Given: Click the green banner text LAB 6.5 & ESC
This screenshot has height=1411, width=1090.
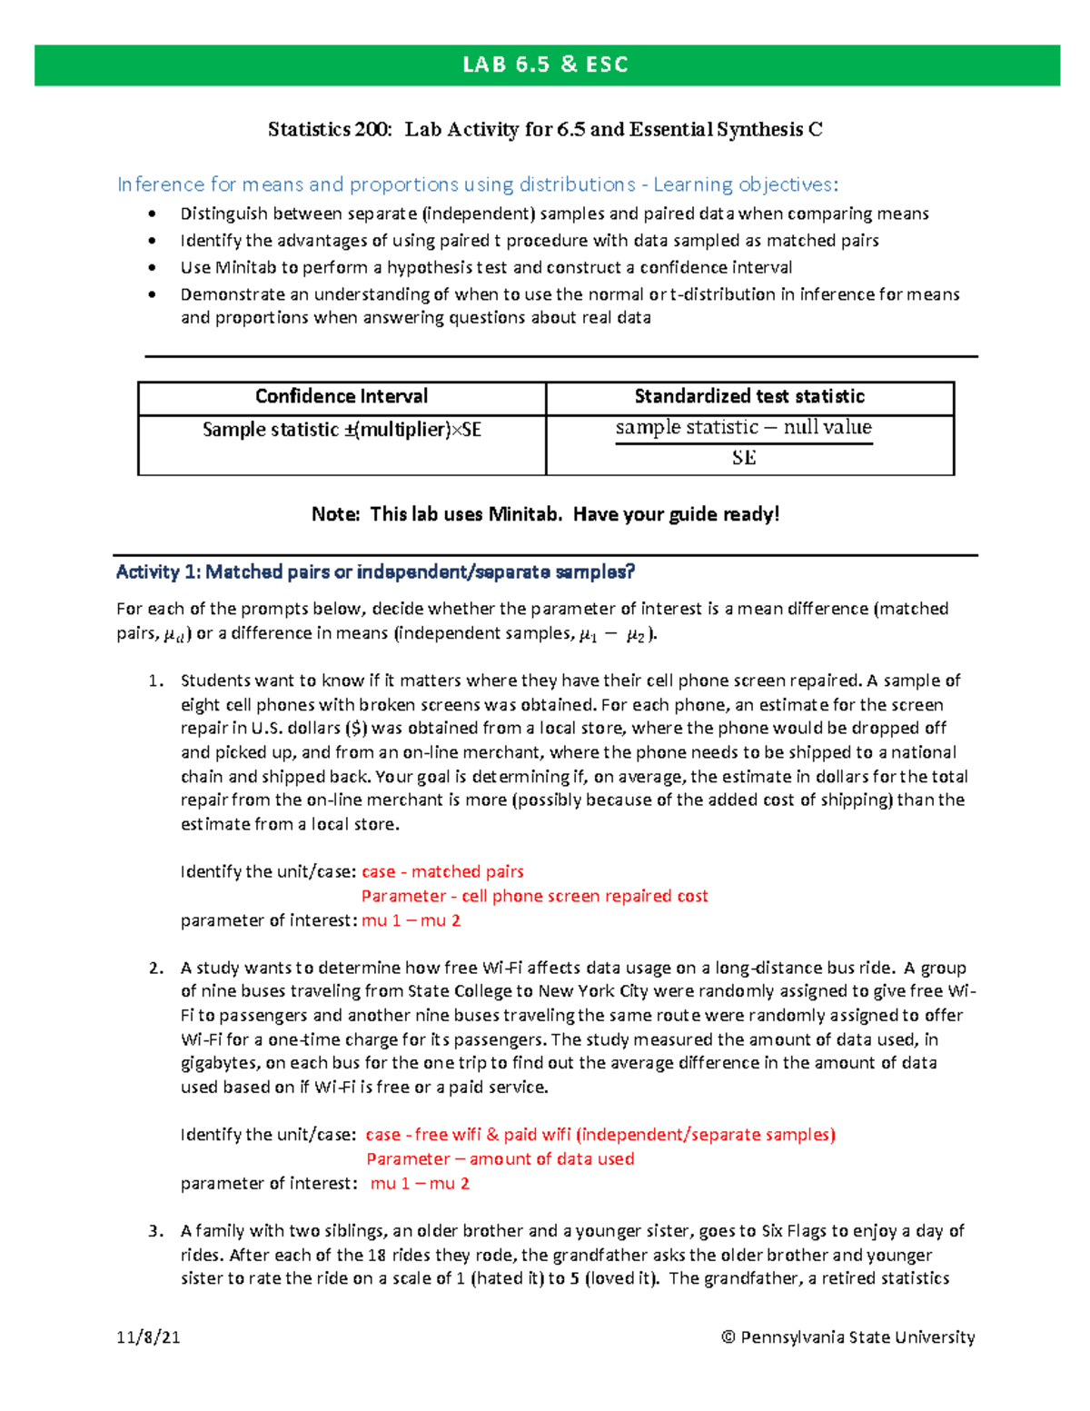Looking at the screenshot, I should tap(545, 65).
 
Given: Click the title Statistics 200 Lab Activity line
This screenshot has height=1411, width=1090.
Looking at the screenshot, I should tap(545, 130).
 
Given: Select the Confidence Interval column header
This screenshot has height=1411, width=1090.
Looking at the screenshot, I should tap(341, 396).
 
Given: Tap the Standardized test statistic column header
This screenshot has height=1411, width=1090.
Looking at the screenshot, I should tap(748, 396).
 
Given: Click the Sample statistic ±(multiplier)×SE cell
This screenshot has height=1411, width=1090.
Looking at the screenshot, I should tap(341, 430).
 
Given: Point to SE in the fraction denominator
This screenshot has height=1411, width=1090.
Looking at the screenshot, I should tap(744, 458).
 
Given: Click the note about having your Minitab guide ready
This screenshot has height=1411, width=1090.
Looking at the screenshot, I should tap(545, 514).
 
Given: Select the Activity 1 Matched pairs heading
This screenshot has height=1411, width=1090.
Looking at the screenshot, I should tap(375, 572).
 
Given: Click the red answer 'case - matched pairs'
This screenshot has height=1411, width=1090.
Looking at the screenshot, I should tap(442, 871).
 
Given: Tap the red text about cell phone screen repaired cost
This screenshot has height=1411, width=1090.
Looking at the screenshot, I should tap(534, 896).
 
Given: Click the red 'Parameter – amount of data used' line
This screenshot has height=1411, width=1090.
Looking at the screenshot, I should tap(500, 1158).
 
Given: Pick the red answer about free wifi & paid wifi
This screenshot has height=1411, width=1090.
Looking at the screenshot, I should tap(599, 1135).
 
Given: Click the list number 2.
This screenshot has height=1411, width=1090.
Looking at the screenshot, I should tap(155, 968).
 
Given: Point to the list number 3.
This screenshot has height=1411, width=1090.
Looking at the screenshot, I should tap(155, 1231).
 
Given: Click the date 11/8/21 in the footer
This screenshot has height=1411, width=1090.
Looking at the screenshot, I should tap(148, 1336).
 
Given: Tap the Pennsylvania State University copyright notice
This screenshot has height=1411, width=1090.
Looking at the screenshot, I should tap(847, 1336).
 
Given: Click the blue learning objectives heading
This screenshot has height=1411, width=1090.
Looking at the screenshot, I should tap(478, 184).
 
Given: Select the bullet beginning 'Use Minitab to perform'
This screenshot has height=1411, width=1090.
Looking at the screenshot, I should tap(486, 267).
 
